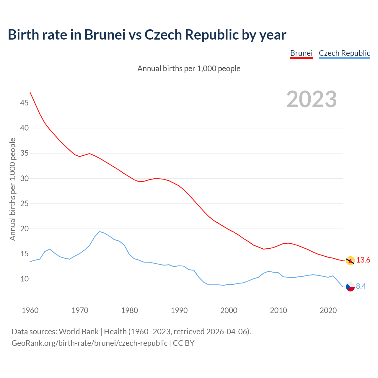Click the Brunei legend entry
[x=301, y=53]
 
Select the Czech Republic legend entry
[x=344, y=53]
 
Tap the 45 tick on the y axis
[x=24, y=103]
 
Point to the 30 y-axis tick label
[x=24, y=178]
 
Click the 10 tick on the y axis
[x=24, y=279]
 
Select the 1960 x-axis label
[x=30, y=310]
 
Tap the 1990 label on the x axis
[x=179, y=310]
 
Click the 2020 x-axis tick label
[x=328, y=310]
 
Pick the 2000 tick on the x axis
[x=229, y=310]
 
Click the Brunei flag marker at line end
[x=350, y=260]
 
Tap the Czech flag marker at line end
[x=350, y=286]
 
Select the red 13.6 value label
[x=363, y=260]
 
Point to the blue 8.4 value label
[x=361, y=286]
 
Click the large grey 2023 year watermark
[x=312, y=99]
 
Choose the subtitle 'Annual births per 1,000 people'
[x=189, y=69]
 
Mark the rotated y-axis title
[x=12, y=189]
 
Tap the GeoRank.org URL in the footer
[x=89, y=343]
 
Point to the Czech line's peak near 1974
[x=99, y=232]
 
